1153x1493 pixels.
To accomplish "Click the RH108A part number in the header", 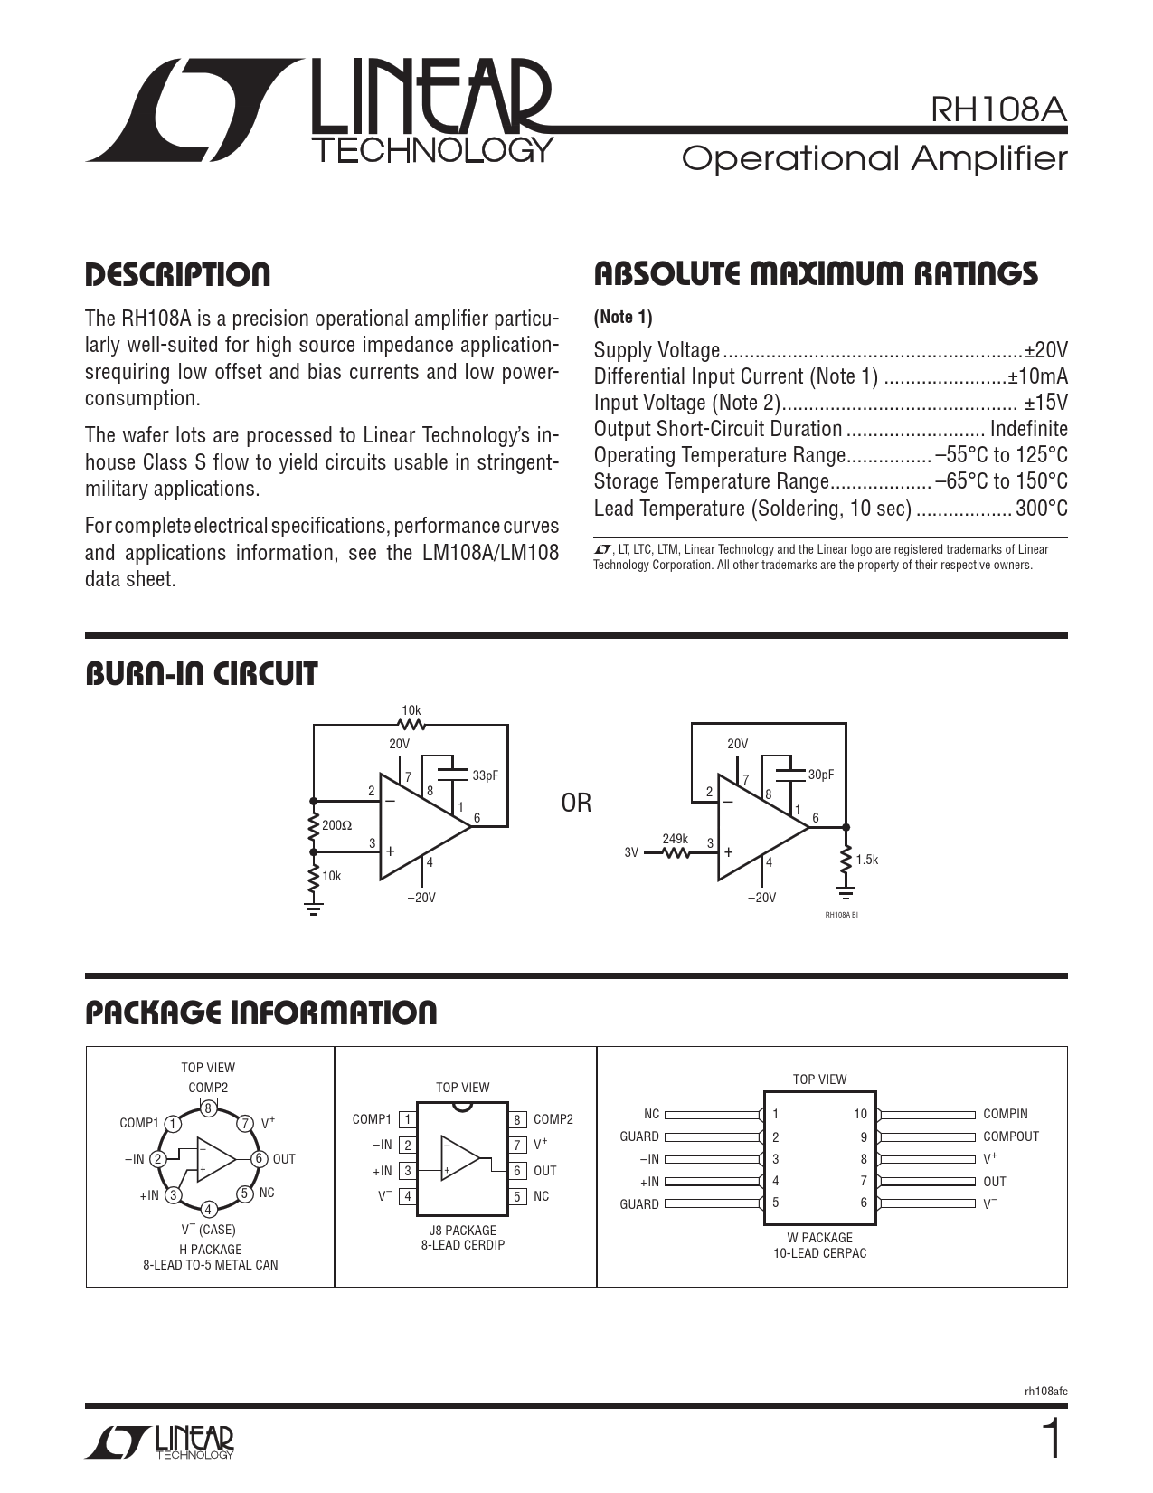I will click(999, 109).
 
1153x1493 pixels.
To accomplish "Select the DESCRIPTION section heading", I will click(177, 274).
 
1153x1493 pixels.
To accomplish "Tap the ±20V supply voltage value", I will click(1046, 350).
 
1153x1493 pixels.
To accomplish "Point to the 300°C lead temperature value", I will click(1041, 508).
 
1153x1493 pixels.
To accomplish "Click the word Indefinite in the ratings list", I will click(1028, 429).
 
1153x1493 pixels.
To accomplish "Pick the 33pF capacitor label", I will click(485, 775).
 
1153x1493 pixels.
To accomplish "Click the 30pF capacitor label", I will click(820, 775).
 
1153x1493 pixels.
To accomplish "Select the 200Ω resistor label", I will click(337, 825).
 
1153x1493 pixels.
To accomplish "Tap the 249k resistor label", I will click(675, 839).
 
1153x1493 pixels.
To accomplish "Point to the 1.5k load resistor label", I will click(866, 860).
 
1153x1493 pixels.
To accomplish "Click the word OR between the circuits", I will click(577, 804).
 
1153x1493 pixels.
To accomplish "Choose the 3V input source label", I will click(631, 852).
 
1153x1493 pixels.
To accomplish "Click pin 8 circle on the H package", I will click(208, 1108).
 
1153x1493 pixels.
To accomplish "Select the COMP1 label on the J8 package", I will click(372, 1119).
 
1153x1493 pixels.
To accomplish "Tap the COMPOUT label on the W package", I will click(1011, 1136).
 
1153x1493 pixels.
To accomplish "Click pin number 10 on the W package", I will click(860, 1114).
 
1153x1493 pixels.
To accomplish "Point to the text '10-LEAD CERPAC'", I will click(819, 1253).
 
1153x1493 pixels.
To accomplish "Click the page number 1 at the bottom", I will click(1052, 1441).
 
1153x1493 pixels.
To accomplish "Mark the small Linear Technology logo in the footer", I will click(159, 1442).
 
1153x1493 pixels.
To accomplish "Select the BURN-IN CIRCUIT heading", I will click(201, 674).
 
